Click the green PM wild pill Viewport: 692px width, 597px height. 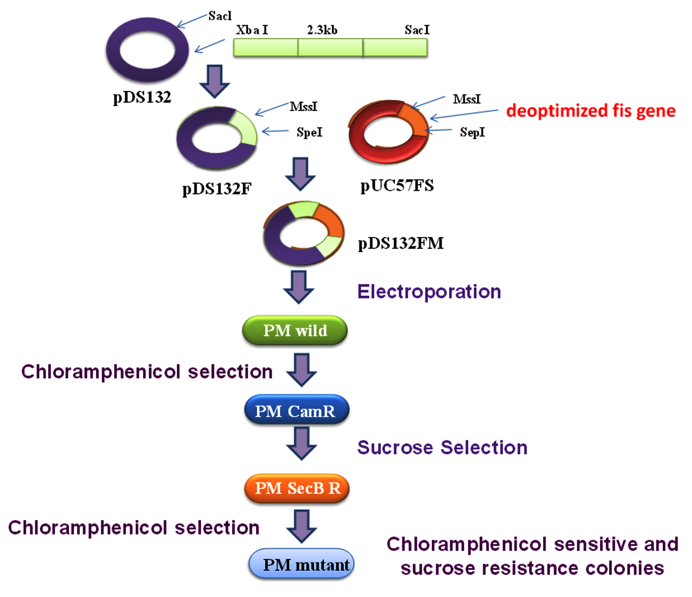295,330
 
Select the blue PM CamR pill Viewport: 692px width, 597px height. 297,410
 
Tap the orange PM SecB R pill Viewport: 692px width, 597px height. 297,488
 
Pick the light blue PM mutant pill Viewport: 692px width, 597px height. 301,565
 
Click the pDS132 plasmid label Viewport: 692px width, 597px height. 142,98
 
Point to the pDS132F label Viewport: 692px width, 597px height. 217,188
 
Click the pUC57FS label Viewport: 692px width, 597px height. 397,186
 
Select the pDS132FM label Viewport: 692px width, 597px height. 401,243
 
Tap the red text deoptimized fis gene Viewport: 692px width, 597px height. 591,111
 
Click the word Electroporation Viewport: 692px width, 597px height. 429,292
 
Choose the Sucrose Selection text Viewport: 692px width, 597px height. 442,448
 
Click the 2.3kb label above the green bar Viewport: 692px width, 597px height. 322,30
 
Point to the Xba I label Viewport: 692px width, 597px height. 252,30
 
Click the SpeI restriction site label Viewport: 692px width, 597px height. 309,133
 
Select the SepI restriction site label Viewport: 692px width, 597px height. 472,133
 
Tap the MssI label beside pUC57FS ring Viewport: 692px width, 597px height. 467,99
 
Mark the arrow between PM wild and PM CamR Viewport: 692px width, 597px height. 302,370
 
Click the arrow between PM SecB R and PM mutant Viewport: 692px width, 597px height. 302,526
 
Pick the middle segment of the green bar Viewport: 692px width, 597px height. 330,47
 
